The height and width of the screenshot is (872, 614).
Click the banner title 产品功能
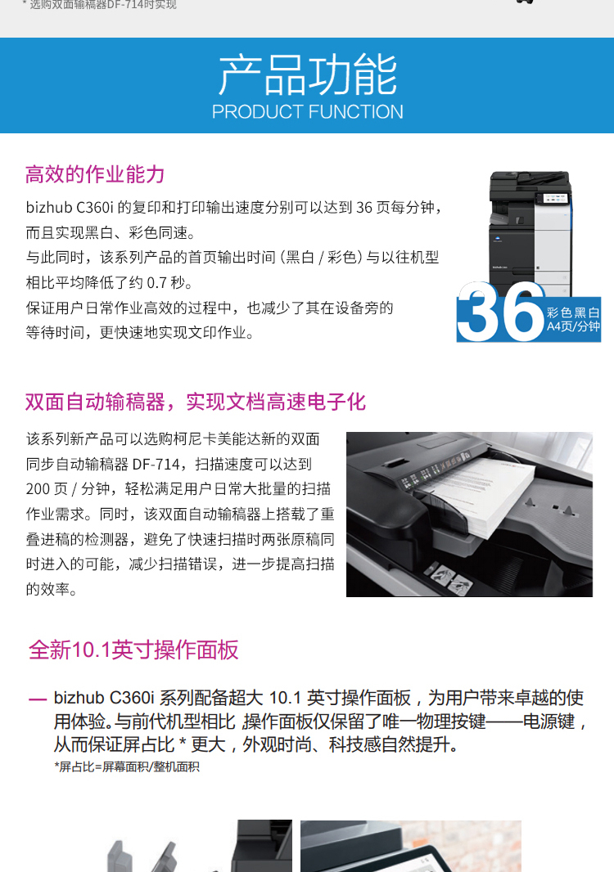click(x=307, y=75)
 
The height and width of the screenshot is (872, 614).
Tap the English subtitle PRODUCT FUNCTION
click(x=307, y=112)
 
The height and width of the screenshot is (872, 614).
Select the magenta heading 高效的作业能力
click(x=95, y=174)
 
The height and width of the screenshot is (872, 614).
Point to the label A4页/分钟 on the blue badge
click(x=573, y=326)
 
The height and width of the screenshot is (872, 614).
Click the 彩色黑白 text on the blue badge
click(x=573, y=312)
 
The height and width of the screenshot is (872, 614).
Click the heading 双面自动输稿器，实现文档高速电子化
click(x=196, y=402)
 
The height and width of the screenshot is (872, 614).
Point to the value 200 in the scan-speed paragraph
click(x=38, y=489)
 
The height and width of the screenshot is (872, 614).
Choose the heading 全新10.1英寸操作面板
click(x=133, y=650)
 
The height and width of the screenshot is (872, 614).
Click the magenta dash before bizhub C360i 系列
click(x=38, y=699)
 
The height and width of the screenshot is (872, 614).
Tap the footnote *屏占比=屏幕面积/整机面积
click(x=127, y=767)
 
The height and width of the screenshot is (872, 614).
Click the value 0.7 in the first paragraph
click(x=156, y=283)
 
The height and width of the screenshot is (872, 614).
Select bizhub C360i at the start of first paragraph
click(x=70, y=208)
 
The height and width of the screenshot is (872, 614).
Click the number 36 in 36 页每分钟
click(x=364, y=208)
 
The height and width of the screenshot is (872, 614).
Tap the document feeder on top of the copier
click(x=530, y=180)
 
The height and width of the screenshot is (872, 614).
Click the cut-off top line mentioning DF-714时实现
click(x=99, y=4)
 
